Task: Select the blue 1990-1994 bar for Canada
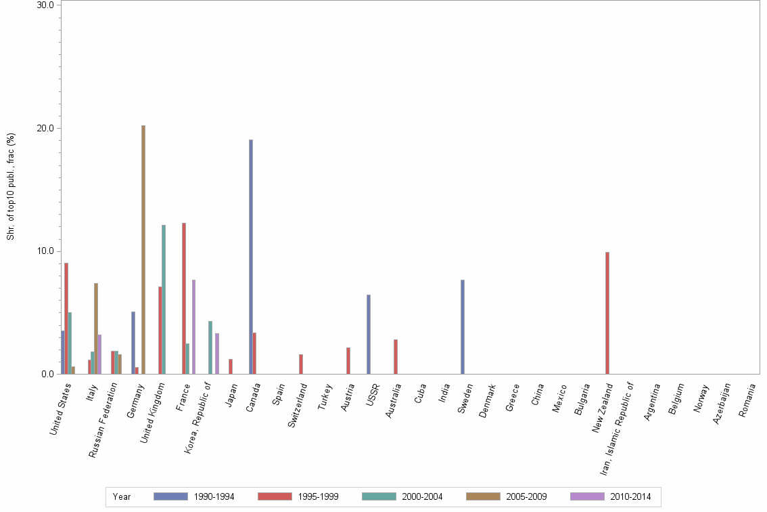[x=251, y=257]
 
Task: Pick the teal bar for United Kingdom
[x=164, y=299]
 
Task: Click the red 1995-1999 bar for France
[x=183, y=298]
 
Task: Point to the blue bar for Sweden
[x=463, y=326]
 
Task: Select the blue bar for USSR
[x=369, y=334]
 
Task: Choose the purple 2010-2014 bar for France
[x=193, y=326]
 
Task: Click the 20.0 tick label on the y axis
[x=45, y=128]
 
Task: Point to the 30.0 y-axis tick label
[x=45, y=5]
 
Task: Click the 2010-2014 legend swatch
[x=587, y=497]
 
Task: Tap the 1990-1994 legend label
[x=214, y=497]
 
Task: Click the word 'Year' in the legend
[x=122, y=497]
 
